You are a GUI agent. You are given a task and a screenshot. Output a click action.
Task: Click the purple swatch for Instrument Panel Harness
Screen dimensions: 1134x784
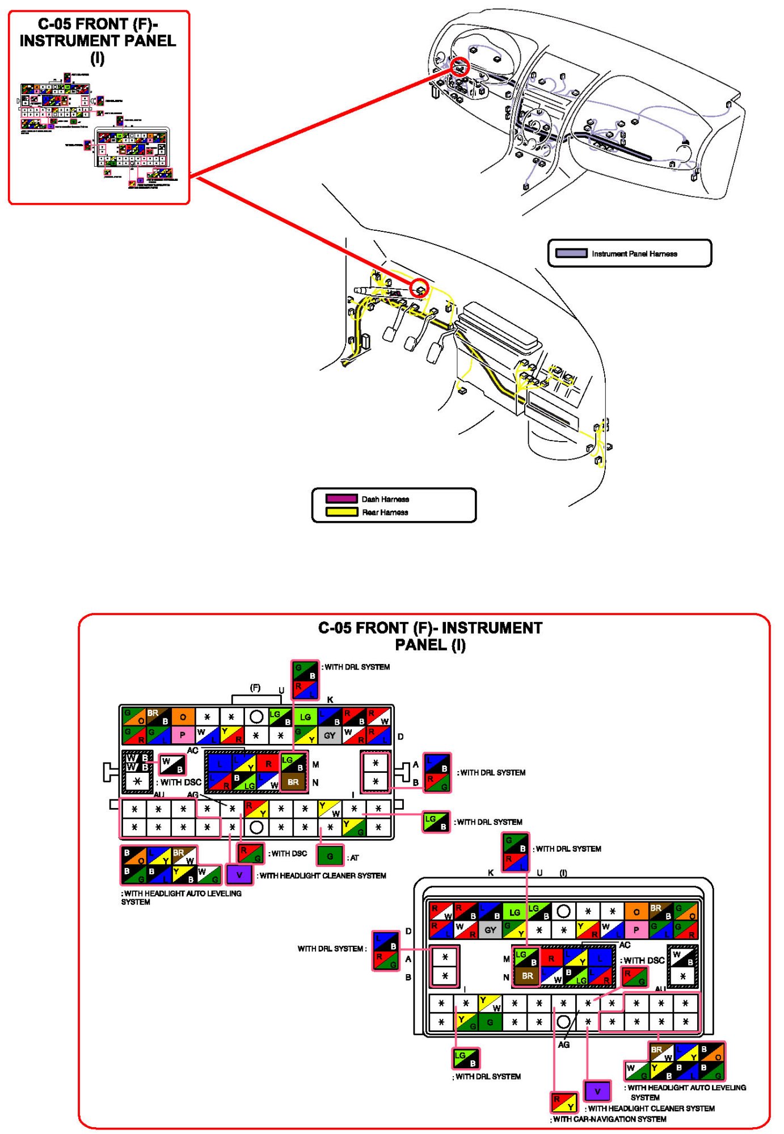click(x=571, y=253)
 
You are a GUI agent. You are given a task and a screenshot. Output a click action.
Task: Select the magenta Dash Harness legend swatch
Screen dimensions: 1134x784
click(x=341, y=498)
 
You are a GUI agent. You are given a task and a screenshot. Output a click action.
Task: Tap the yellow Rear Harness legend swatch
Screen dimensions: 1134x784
click(x=341, y=511)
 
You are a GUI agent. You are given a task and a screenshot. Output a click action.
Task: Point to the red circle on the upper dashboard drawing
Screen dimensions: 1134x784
click(x=460, y=67)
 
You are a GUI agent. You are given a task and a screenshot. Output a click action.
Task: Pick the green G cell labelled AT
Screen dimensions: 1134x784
click(x=330, y=856)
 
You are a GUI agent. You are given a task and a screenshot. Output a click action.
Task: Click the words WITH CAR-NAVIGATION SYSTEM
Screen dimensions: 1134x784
click(x=609, y=1119)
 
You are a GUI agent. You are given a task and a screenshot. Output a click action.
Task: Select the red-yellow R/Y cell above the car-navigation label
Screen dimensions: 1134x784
click(x=564, y=1102)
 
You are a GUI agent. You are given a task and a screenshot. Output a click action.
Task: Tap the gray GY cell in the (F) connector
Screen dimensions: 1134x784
click(x=330, y=735)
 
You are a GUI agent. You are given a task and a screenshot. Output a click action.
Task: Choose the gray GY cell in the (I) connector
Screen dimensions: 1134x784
click(x=490, y=930)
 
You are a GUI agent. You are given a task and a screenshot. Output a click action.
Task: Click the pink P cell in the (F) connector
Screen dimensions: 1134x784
click(x=183, y=735)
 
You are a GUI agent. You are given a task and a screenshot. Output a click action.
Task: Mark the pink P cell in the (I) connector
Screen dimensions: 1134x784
click(x=636, y=930)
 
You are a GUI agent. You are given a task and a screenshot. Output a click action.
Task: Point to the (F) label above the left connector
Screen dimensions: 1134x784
click(x=255, y=688)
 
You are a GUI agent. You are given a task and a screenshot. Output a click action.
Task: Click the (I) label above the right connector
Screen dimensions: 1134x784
click(x=563, y=873)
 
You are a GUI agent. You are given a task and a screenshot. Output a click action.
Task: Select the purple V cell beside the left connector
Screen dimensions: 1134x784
click(x=239, y=874)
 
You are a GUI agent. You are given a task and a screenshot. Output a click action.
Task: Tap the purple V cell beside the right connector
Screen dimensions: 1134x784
click(x=597, y=1090)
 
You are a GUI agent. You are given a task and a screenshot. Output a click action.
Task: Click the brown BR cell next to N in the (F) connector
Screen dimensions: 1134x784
click(x=293, y=782)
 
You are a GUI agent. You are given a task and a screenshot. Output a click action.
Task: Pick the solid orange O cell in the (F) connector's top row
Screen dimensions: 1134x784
click(x=183, y=717)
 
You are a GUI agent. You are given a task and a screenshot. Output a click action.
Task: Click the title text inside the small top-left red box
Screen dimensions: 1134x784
click(x=98, y=40)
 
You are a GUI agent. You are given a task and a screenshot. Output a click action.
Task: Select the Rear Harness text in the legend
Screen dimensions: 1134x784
click(x=385, y=512)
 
